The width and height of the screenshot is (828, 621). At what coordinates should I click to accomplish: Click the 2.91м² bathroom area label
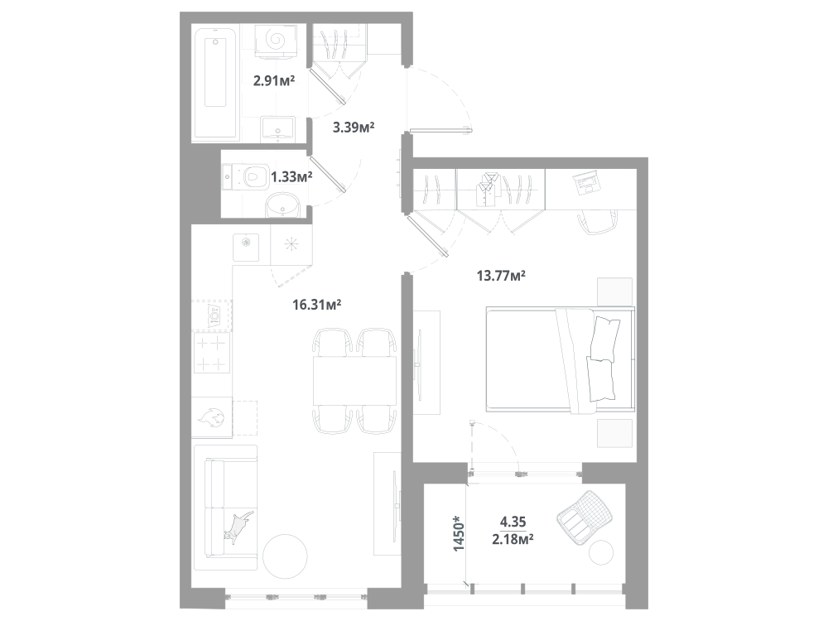pyautogui.click(x=274, y=81)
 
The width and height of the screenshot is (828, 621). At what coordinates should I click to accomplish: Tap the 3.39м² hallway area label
pyautogui.click(x=354, y=128)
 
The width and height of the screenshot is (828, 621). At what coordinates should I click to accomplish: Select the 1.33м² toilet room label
pyautogui.click(x=291, y=176)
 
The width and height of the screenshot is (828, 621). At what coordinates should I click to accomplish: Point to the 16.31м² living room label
pyautogui.click(x=316, y=305)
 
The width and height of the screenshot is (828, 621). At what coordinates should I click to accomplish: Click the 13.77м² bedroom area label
pyautogui.click(x=501, y=276)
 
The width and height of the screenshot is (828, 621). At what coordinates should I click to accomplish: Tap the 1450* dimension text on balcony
pyautogui.click(x=460, y=534)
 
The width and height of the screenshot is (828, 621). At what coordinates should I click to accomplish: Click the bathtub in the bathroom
pyautogui.click(x=215, y=82)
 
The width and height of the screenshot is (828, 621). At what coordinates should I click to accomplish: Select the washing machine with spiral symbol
pyautogui.click(x=277, y=40)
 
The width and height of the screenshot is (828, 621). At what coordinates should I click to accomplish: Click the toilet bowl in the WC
pyautogui.click(x=248, y=176)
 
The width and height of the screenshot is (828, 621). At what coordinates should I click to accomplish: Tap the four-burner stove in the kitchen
pyautogui.click(x=212, y=353)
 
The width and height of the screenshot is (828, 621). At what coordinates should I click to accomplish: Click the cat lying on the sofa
pyautogui.click(x=238, y=527)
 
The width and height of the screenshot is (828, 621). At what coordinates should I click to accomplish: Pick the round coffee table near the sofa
pyautogui.click(x=285, y=557)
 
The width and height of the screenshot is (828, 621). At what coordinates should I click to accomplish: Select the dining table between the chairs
pyautogui.click(x=355, y=380)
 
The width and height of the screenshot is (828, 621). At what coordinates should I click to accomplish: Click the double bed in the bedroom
pyautogui.click(x=561, y=359)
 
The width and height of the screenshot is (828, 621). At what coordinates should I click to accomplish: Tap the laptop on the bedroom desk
pyautogui.click(x=586, y=183)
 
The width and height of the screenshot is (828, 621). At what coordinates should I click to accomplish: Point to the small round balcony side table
pyautogui.click(x=601, y=553)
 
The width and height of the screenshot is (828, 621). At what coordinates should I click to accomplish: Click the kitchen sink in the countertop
pyautogui.click(x=246, y=248)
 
